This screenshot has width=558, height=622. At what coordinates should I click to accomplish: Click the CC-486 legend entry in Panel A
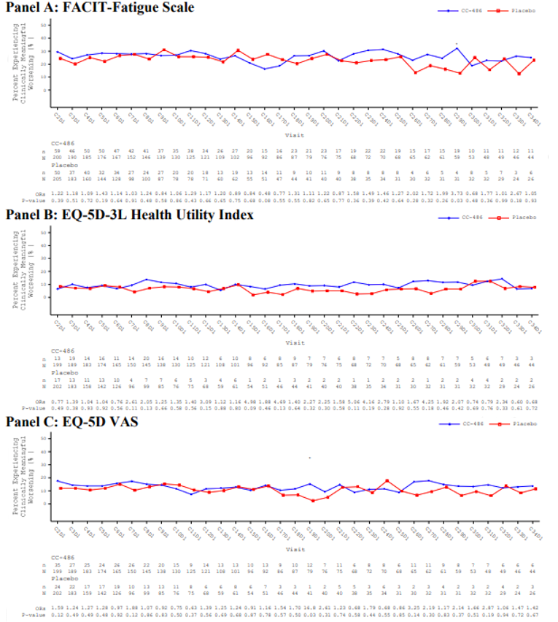pyautogui.click(x=462, y=12)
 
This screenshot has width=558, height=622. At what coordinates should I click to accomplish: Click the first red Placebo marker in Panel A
pyautogui.click(x=58, y=58)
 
